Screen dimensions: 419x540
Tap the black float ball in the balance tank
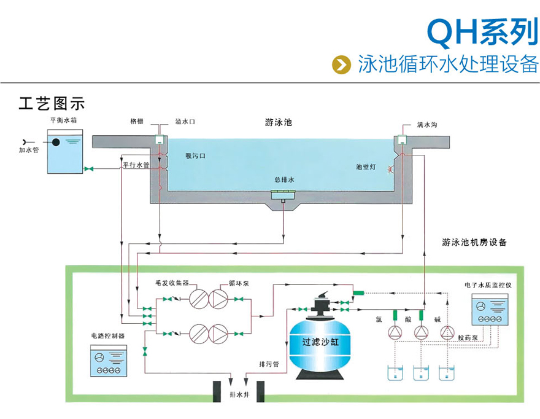(x=56, y=143)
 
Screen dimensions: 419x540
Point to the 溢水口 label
(x=185, y=122)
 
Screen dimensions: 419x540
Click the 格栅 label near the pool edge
(x=137, y=122)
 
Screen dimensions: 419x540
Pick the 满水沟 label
(x=427, y=125)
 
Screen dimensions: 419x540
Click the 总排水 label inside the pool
(x=284, y=180)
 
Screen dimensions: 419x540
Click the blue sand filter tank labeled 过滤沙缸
(x=320, y=345)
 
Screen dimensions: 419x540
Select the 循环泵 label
(x=237, y=283)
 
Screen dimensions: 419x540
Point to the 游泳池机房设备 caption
(x=474, y=243)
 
